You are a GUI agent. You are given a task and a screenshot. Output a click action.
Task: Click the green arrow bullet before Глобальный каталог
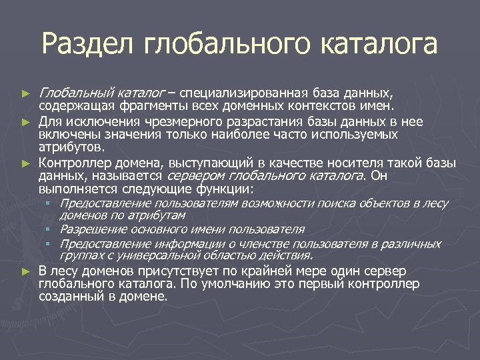[x=26, y=91]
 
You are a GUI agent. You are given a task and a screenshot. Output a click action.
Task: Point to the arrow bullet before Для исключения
[x=26, y=122]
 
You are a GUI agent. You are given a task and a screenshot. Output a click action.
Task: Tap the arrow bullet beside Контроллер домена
[x=26, y=163]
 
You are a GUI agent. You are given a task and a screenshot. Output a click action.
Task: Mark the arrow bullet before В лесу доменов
[x=26, y=271]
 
